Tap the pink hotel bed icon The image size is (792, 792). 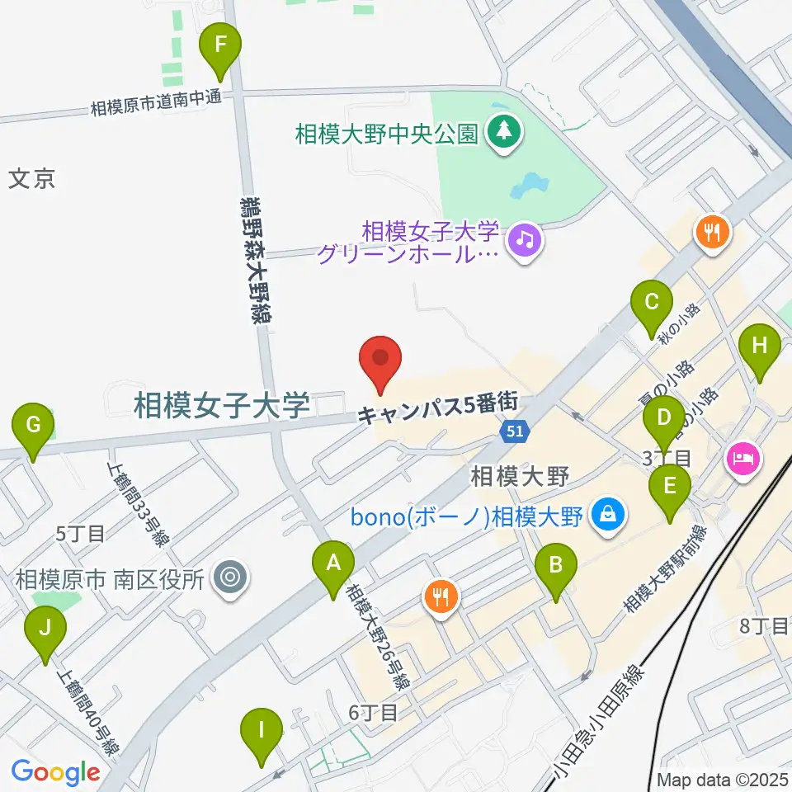pyautogui.click(x=741, y=459)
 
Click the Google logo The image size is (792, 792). pyautogui.click(x=55, y=772)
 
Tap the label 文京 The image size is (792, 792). pyautogui.click(x=32, y=179)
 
